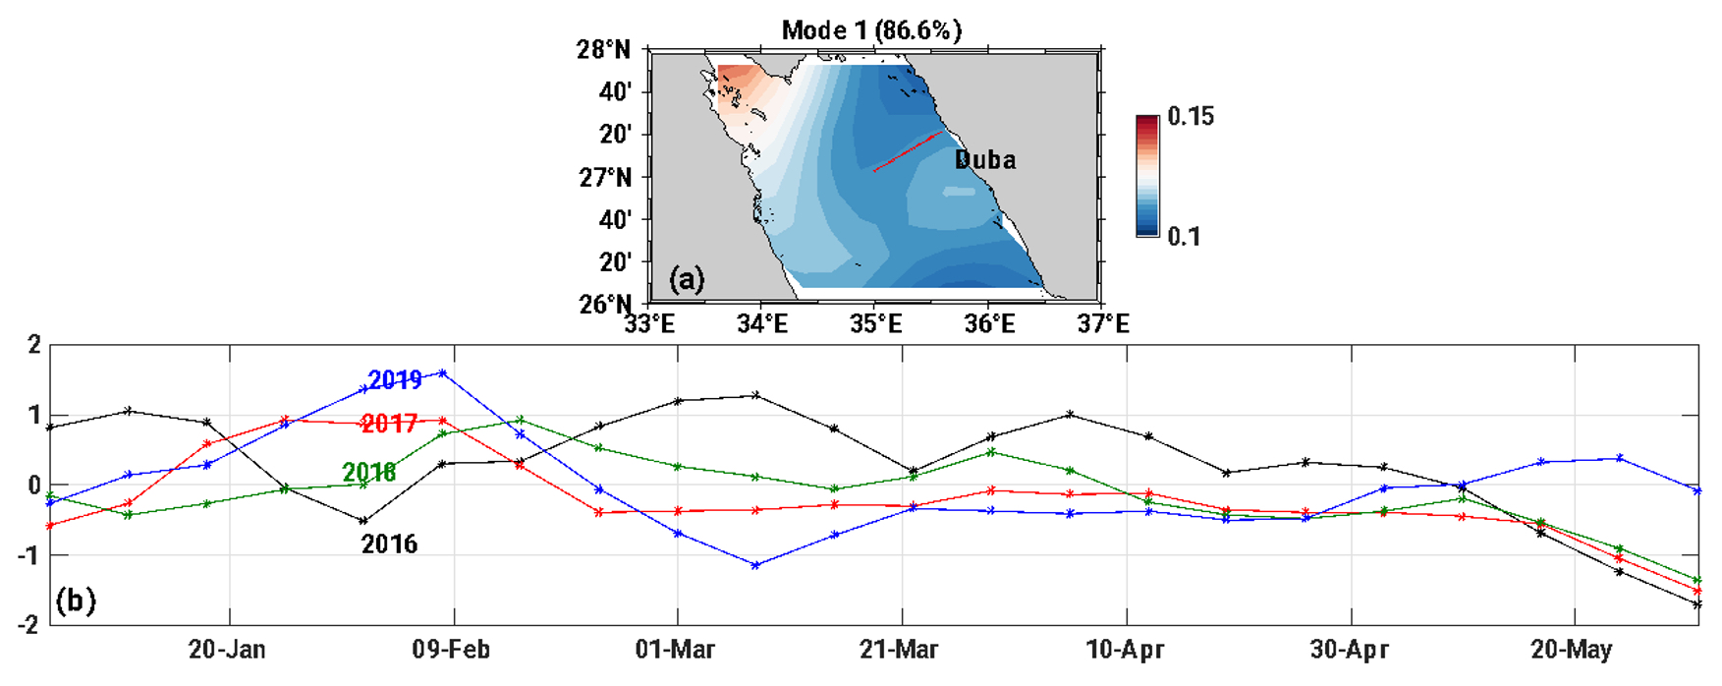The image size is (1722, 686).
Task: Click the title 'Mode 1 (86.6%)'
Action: (x=871, y=30)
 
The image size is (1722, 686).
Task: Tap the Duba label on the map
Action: (x=985, y=160)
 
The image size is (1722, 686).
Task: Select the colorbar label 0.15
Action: (x=1191, y=117)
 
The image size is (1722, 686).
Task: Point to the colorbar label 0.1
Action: (x=1184, y=237)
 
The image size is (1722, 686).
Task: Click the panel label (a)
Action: (x=687, y=279)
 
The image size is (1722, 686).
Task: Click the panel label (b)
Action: (x=76, y=600)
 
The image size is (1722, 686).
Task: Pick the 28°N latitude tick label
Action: (x=602, y=49)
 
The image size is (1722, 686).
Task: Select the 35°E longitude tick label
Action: (x=875, y=323)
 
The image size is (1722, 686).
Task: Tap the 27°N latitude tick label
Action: (x=602, y=177)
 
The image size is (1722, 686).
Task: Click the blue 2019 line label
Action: (x=395, y=379)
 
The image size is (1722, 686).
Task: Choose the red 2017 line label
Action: (x=389, y=424)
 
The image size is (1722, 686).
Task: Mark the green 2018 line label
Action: (x=369, y=472)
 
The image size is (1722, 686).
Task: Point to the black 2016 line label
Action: (x=389, y=543)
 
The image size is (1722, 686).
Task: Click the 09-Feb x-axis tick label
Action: (x=451, y=650)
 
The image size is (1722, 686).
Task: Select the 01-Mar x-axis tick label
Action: (x=676, y=650)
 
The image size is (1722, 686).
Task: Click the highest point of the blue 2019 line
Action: (x=443, y=372)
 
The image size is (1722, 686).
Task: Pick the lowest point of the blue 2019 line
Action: (x=755, y=565)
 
